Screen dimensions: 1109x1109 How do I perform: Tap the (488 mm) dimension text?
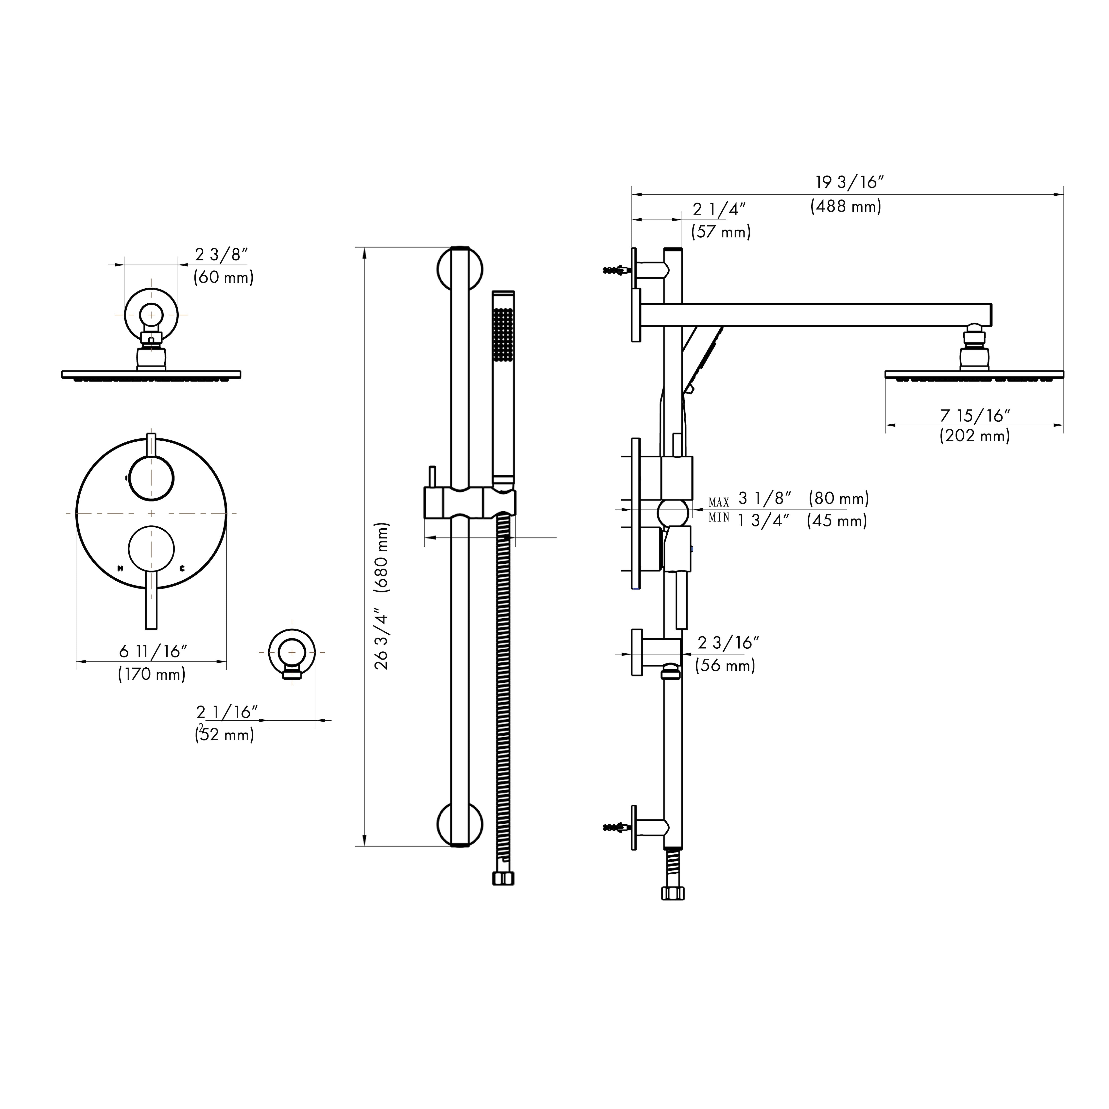point(846,206)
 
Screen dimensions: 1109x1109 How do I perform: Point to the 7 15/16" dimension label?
point(975,415)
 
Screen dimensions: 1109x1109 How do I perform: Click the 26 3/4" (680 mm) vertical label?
point(381,596)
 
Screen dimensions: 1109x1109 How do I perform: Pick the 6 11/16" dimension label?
point(153,652)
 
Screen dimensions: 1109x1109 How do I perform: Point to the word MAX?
point(719,503)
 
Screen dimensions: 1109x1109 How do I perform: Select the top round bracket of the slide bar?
point(460,269)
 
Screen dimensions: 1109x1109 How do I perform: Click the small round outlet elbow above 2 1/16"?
point(292,653)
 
